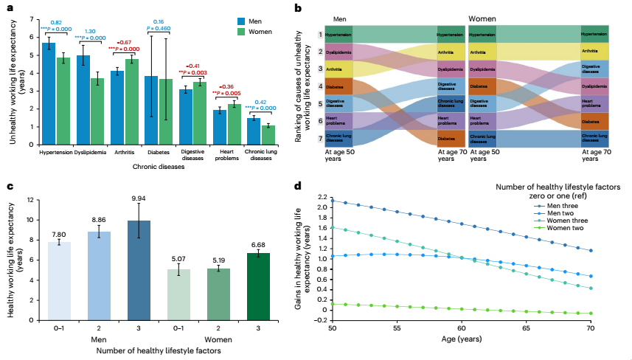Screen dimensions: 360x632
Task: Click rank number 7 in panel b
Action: pyautogui.click(x=320, y=139)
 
